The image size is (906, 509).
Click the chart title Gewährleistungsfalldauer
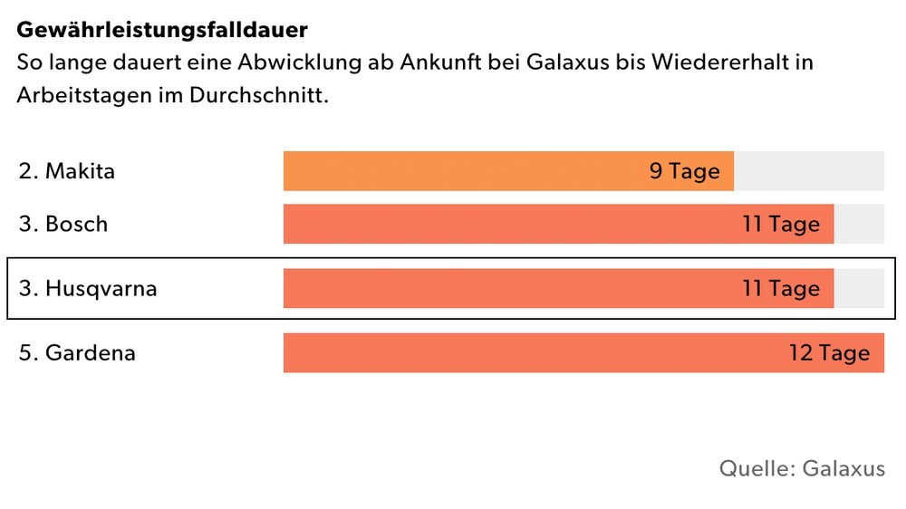click(162, 29)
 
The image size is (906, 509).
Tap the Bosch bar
click(507, 224)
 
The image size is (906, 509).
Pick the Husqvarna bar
click(507, 288)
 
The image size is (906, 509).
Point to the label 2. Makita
click(67, 170)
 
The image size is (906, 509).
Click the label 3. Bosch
click(63, 224)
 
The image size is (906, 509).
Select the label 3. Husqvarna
click(88, 288)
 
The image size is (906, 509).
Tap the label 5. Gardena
click(77, 352)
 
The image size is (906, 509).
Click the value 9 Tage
click(684, 171)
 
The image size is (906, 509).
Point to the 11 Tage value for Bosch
click(780, 224)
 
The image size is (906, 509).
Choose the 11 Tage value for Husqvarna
click(780, 288)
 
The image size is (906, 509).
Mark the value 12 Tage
click(828, 352)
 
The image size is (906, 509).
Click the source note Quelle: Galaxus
click(802, 468)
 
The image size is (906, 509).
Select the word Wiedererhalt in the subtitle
click(739, 62)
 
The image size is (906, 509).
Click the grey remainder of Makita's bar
click(808, 171)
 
